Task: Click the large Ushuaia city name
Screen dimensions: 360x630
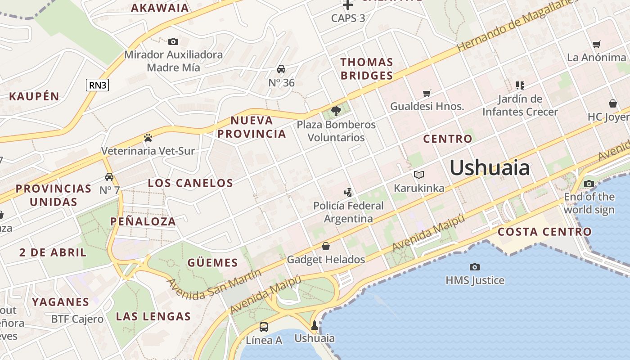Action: tap(490, 168)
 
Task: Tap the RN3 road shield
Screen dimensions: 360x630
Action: tap(97, 85)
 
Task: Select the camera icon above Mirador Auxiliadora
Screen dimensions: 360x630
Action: tap(173, 42)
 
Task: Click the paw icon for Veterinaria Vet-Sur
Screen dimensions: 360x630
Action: tap(148, 137)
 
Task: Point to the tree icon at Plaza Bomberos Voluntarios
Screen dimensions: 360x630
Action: tap(336, 111)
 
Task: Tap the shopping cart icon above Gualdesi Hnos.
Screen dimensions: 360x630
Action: tap(427, 93)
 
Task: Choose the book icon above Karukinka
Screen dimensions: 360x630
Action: tap(419, 175)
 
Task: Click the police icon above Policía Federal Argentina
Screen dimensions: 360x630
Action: tap(348, 193)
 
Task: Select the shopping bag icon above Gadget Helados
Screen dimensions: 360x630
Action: tap(326, 246)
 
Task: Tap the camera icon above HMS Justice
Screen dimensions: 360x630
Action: tap(474, 267)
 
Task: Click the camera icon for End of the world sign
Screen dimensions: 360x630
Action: tap(589, 184)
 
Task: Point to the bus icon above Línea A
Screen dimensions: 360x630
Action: tap(264, 327)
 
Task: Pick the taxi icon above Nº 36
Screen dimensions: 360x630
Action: tap(281, 69)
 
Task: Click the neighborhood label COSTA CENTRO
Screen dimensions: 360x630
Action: tap(544, 232)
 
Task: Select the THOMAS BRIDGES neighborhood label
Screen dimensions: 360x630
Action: tap(367, 69)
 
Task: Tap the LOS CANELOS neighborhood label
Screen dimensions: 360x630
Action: tap(191, 183)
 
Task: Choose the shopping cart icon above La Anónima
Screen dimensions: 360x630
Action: tap(597, 44)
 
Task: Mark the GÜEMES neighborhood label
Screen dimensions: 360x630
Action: tap(212, 263)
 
